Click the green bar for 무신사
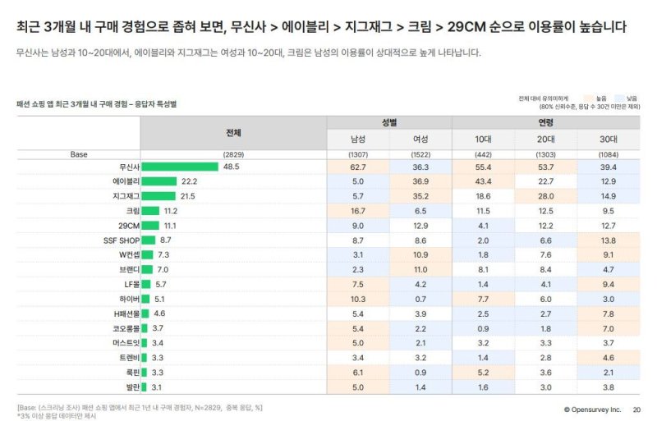[180, 167]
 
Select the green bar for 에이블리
[159, 181]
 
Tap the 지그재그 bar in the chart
[159, 196]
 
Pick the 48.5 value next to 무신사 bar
[231, 167]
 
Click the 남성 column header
[358, 139]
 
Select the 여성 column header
[420, 139]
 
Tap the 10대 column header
[483, 139]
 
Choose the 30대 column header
[608, 139]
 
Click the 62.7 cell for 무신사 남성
[358, 167]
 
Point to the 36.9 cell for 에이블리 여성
[420, 181]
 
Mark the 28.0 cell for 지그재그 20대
[545, 196]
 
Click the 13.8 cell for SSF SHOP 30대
[608, 240]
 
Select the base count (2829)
[234, 153]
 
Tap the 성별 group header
[389, 122]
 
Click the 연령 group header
[545, 122]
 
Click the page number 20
[636, 409]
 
